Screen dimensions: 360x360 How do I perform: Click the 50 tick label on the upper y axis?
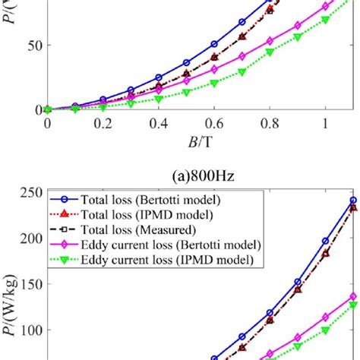click(x=29, y=45)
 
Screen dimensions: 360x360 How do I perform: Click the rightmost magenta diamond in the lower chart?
click(x=352, y=296)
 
